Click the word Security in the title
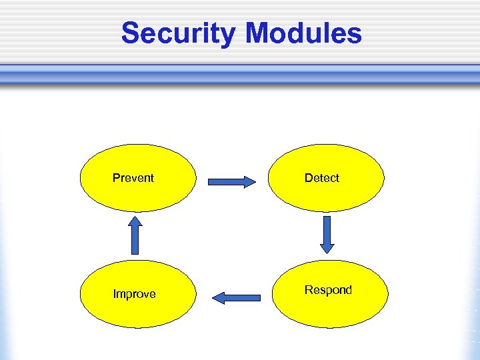click(x=177, y=33)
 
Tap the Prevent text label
click(x=133, y=178)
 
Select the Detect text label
click(x=321, y=178)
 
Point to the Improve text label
click(x=134, y=294)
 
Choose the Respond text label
click(x=328, y=290)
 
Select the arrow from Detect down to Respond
click(x=327, y=234)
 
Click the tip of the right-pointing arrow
click(x=255, y=181)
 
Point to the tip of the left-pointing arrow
click(x=213, y=297)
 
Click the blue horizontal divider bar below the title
click(x=240, y=75)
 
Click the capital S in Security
click(x=131, y=33)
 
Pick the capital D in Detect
click(x=308, y=178)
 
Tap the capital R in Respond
click(x=308, y=290)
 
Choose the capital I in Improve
click(x=114, y=294)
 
